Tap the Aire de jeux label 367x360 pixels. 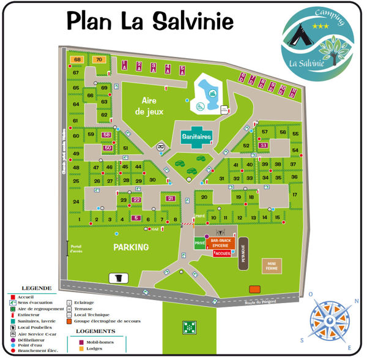[x=149, y=106]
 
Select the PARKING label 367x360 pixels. [x=131, y=247]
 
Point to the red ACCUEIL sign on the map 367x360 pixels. [x=223, y=253]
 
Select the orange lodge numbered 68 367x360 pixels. [x=78, y=59]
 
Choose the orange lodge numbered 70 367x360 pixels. [x=100, y=59]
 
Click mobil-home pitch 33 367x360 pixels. [x=264, y=145]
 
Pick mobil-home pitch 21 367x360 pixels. [x=171, y=198]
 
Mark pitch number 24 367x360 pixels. [x=76, y=202]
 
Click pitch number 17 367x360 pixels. [x=294, y=195]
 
